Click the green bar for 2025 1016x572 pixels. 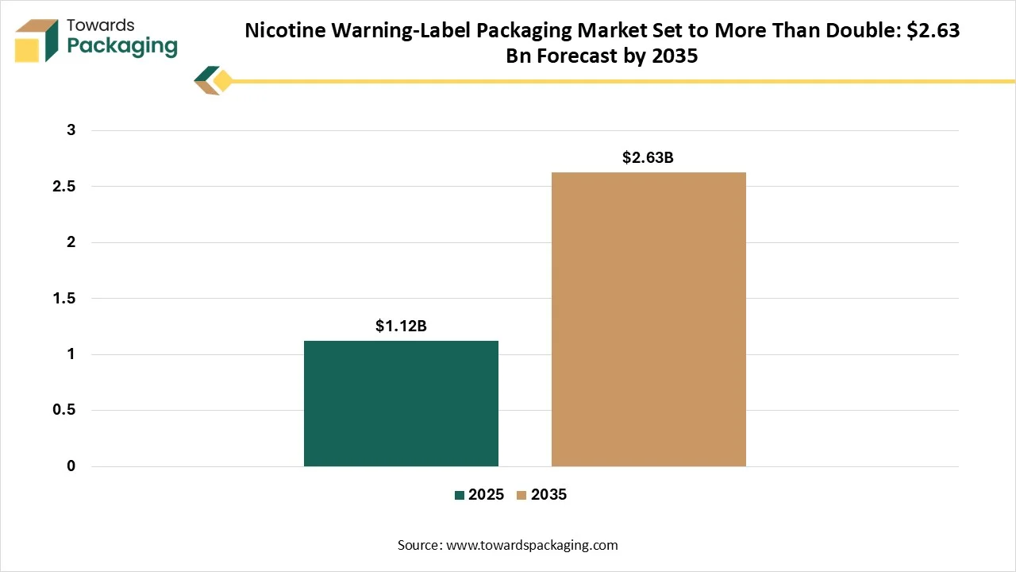(401, 403)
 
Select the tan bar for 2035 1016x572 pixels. (648, 319)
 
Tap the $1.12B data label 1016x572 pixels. (401, 326)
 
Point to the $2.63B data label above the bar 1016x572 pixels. (648, 157)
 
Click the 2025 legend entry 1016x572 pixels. (479, 494)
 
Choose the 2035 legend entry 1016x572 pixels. (541, 494)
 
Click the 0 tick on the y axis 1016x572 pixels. (71, 466)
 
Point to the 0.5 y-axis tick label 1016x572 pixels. (64, 409)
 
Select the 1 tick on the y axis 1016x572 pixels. (71, 354)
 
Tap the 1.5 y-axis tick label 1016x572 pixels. (64, 298)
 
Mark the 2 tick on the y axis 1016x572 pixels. (71, 242)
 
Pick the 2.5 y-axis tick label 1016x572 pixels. (64, 186)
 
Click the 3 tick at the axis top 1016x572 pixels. (71, 129)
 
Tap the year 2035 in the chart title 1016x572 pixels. (675, 56)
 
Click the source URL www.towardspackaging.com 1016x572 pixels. (532, 545)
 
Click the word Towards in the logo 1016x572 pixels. (101, 25)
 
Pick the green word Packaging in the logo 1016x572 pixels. (122, 46)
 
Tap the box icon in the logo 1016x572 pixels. (37, 41)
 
